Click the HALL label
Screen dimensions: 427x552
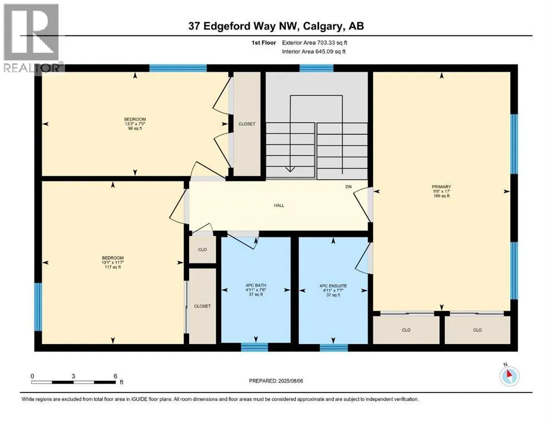[279, 205]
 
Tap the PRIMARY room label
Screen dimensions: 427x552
[441, 187]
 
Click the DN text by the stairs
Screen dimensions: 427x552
[349, 187]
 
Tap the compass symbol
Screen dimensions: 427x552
[509, 376]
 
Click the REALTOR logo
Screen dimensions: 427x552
[32, 37]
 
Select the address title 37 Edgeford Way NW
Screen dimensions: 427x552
[276, 26]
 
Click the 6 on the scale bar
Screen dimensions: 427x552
[115, 375]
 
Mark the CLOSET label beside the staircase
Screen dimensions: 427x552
[246, 124]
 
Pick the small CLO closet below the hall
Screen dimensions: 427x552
[202, 250]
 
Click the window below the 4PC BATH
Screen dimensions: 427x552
[255, 347]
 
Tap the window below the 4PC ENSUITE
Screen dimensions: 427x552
[334, 347]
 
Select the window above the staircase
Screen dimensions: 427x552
[316, 68]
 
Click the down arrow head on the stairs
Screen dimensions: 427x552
[289, 170]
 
